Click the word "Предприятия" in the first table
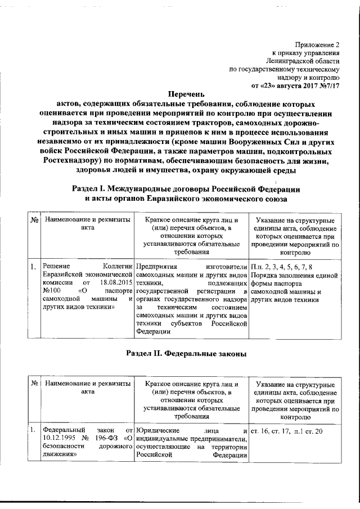[x=156, y=267]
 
